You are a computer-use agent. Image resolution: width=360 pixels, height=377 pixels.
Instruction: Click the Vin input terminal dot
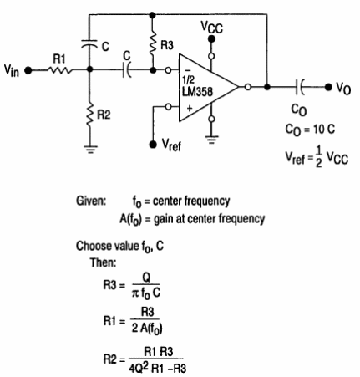[28, 70]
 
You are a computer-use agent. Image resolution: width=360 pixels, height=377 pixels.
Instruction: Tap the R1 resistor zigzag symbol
[59, 70]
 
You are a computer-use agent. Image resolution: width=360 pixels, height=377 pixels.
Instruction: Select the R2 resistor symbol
[89, 115]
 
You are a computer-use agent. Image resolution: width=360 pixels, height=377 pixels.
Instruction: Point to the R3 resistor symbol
[152, 44]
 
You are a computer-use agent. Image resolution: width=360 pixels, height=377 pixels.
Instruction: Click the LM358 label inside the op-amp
[197, 91]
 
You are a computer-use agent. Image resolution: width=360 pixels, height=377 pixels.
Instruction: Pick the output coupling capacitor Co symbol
[299, 87]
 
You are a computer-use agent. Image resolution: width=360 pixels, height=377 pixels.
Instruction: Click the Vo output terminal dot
[328, 87]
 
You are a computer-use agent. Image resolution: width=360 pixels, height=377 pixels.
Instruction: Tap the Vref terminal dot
[153, 144]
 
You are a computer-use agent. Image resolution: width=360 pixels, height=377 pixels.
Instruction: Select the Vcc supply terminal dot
[211, 39]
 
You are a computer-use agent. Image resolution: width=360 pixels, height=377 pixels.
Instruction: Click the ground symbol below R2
[89, 150]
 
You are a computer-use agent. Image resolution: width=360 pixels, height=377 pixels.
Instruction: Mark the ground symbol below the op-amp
[211, 140]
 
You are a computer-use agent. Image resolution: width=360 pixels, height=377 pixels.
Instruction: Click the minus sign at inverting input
[188, 71]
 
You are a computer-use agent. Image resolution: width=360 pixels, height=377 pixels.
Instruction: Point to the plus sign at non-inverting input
[189, 108]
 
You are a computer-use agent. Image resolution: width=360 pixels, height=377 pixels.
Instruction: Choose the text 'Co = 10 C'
[310, 130]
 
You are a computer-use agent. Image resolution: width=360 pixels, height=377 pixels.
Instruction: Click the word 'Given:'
[91, 201]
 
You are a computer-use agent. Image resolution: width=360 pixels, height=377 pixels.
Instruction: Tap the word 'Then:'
[103, 262]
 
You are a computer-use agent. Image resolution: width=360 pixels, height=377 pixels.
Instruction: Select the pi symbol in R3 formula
[135, 293]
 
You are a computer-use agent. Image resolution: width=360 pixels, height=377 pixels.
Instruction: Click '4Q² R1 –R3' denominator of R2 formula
[157, 368]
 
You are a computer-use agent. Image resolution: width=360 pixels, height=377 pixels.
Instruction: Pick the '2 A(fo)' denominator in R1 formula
[147, 329]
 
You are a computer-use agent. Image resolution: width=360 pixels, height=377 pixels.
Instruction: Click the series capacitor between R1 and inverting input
[127, 70]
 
